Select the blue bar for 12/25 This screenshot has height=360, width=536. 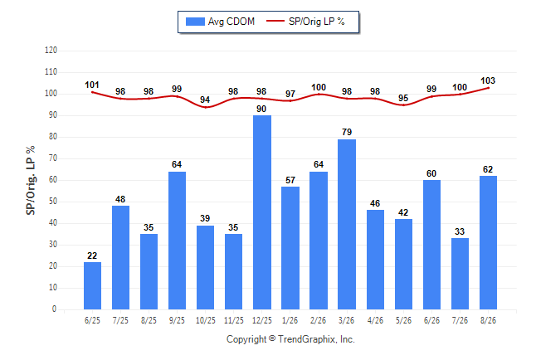click(262, 212)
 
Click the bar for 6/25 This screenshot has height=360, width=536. click(92, 286)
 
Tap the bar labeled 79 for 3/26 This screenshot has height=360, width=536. click(347, 224)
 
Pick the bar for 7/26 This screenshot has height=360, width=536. click(460, 274)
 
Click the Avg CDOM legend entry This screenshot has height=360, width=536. click(220, 22)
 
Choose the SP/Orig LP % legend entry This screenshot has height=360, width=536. click(305, 22)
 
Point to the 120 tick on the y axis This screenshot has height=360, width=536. click(51, 51)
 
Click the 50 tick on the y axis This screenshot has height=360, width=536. click(52, 202)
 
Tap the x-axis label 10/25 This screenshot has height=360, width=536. click(206, 320)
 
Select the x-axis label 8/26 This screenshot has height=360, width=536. click(488, 320)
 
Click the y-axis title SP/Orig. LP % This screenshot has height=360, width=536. click(31, 180)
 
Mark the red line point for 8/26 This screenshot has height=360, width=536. click(488, 88)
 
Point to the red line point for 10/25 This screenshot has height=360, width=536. click(206, 107)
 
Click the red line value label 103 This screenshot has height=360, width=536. click(488, 80)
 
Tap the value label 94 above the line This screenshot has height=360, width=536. click(205, 100)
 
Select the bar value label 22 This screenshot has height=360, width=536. click(92, 255)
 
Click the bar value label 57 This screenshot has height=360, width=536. click(290, 180)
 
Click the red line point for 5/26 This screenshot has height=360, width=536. click(403, 105)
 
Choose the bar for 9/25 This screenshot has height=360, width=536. click(177, 241)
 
